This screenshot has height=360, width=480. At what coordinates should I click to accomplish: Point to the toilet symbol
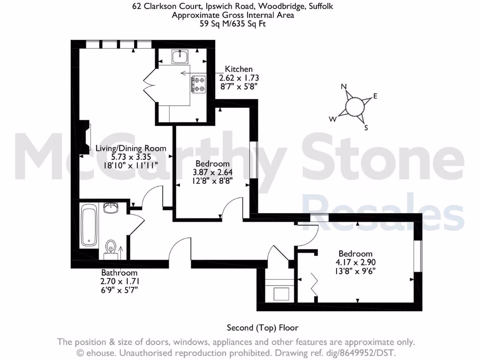tap(111, 247)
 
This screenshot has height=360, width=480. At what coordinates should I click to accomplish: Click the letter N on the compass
tap(344, 87)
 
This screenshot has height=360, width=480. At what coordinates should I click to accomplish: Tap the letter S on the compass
tap(367, 127)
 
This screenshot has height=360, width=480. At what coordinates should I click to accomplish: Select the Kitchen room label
tap(239, 69)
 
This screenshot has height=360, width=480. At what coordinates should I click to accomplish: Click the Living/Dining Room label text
tap(131, 148)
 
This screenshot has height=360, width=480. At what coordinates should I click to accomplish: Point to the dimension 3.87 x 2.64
tap(212, 172)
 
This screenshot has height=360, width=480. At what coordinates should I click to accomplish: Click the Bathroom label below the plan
tap(120, 273)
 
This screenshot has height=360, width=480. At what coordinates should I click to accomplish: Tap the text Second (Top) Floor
tap(262, 328)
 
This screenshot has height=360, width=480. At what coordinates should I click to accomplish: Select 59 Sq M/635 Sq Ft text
tap(240, 23)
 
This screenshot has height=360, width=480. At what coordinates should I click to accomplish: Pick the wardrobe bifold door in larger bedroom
tap(315, 282)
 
